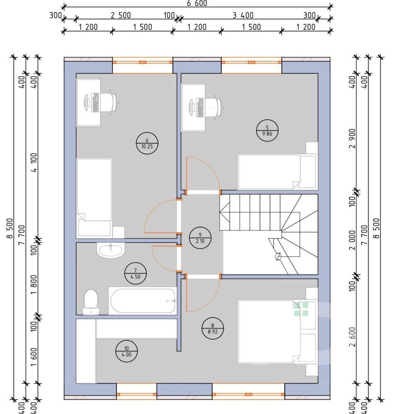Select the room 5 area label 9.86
tap(267, 134)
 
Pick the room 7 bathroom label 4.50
tap(135, 277)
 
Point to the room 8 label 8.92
tap(213, 332)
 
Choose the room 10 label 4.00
tap(127, 354)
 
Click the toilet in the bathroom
tap(91, 302)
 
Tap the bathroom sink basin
tap(111, 250)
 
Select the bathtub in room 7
tap(143, 301)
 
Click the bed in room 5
tap(277, 172)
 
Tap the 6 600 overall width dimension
tap(197, 3)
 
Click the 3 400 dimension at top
tap(243, 15)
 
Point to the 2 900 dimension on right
tap(353, 138)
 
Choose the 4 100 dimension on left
tap(34, 162)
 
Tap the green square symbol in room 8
tap(301, 309)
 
